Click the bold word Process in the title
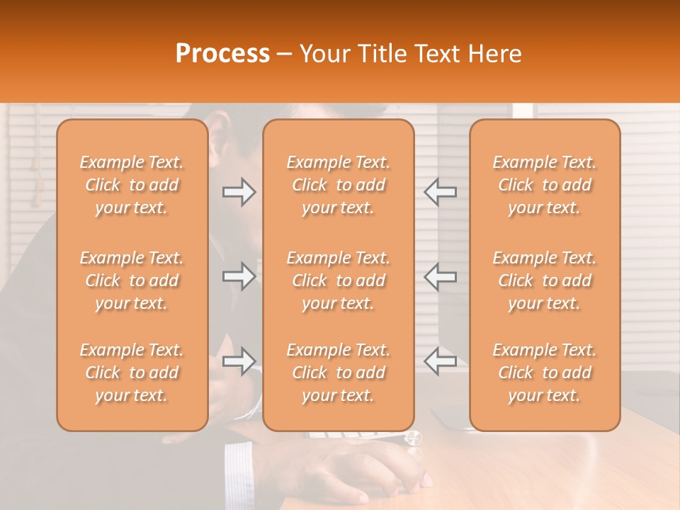(x=222, y=54)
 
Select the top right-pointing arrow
(x=239, y=192)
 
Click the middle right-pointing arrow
(x=239, y=276)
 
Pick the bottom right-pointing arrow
(x=239, y=361)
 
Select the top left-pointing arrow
(x=441, y=192)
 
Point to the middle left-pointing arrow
(x=441, y=276)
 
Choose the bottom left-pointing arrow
(x=441, y=361)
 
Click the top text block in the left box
(x=132, y=185)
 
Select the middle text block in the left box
(x=132, y=280)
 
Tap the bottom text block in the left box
(x=132, y=373)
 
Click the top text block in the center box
(x=338, y=185)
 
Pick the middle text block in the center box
(x=338, y=280)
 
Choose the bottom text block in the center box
(x=338, y=373)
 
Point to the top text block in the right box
(x=544, y=185)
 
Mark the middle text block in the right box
(x=544, y=280)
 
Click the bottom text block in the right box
(x=544, y=373)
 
